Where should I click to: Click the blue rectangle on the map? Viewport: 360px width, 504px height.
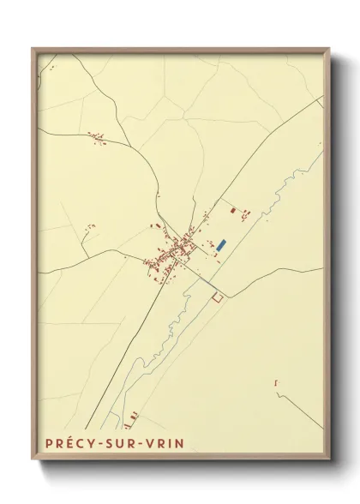[221, 245]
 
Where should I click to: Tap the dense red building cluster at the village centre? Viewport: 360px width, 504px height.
[176, 250]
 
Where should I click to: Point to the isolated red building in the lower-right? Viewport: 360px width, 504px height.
[276, 383]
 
